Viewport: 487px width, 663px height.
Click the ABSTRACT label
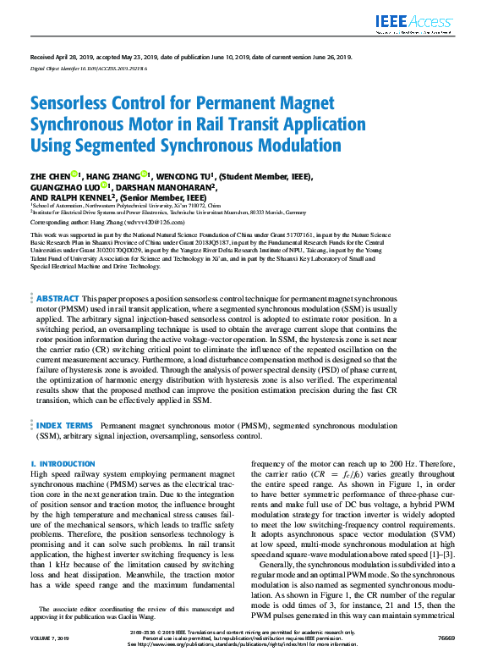[57, 299]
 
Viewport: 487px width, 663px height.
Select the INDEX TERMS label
[64, 425]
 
